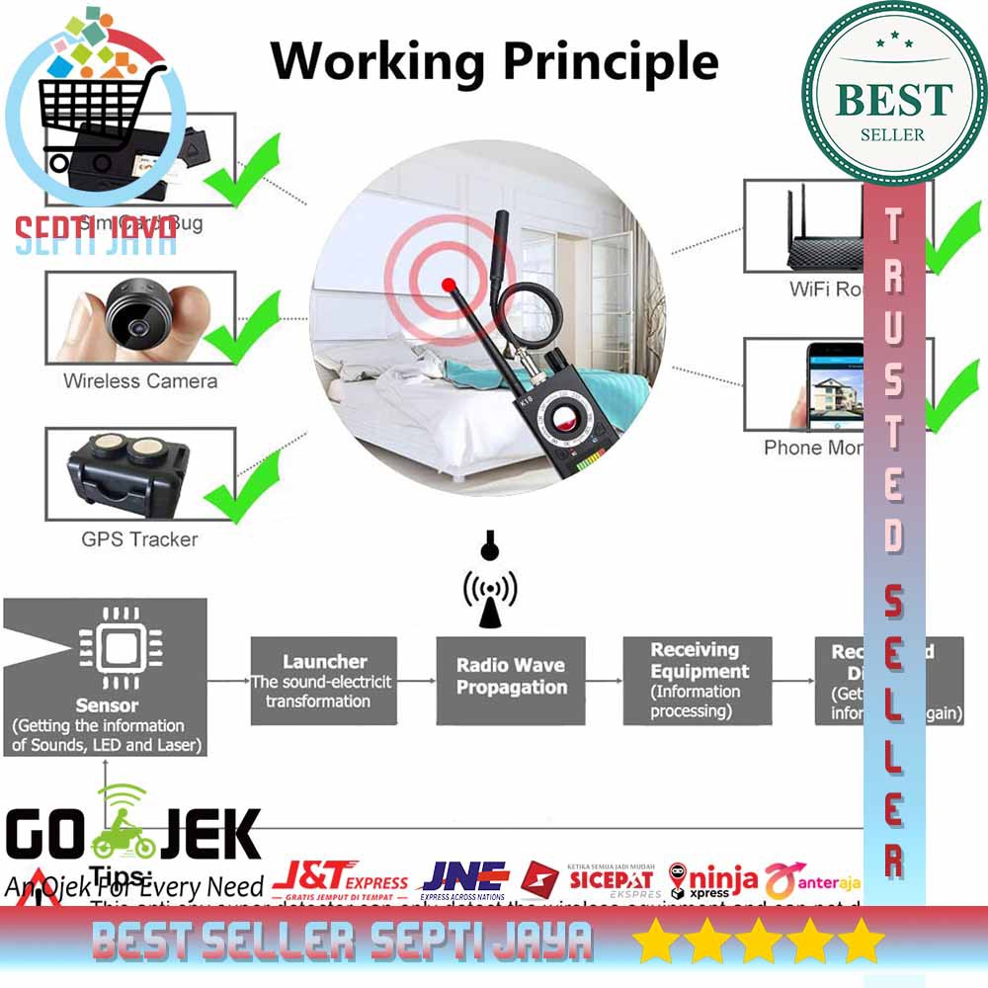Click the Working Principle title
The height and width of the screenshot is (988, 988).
(494, 61)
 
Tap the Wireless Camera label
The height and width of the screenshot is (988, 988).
(140, 380)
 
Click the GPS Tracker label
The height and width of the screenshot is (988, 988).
(139, 539)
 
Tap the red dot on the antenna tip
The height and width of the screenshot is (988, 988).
(451, 283)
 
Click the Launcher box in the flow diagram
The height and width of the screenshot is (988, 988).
(323, 681)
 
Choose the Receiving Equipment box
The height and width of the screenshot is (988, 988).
(697, 680)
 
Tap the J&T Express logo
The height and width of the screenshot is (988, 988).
(341, 877)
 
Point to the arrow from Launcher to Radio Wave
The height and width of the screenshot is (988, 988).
(416, 681)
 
